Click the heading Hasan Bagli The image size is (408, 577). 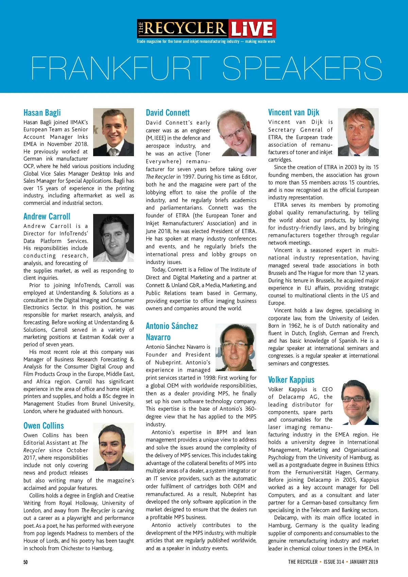[42, 113]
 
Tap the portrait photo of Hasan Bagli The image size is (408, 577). [114, 132]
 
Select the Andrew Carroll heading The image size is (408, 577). [47, 217]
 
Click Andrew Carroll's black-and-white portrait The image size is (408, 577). [114, 238]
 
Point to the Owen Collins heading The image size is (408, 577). [44, 426]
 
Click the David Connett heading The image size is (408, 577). [168, 113]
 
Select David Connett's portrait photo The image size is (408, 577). [237, 132]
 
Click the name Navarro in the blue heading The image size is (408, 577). [158, 337]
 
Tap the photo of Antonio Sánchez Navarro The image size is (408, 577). [236, 347]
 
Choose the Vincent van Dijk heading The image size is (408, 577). [294, 112]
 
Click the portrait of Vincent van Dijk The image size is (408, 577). [358, 132]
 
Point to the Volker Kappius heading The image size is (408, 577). [291, 380]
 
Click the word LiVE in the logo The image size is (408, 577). [252, 29]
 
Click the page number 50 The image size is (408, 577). [26, 562]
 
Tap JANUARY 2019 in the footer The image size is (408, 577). [364, 562]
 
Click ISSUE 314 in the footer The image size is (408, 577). [334, 562]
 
